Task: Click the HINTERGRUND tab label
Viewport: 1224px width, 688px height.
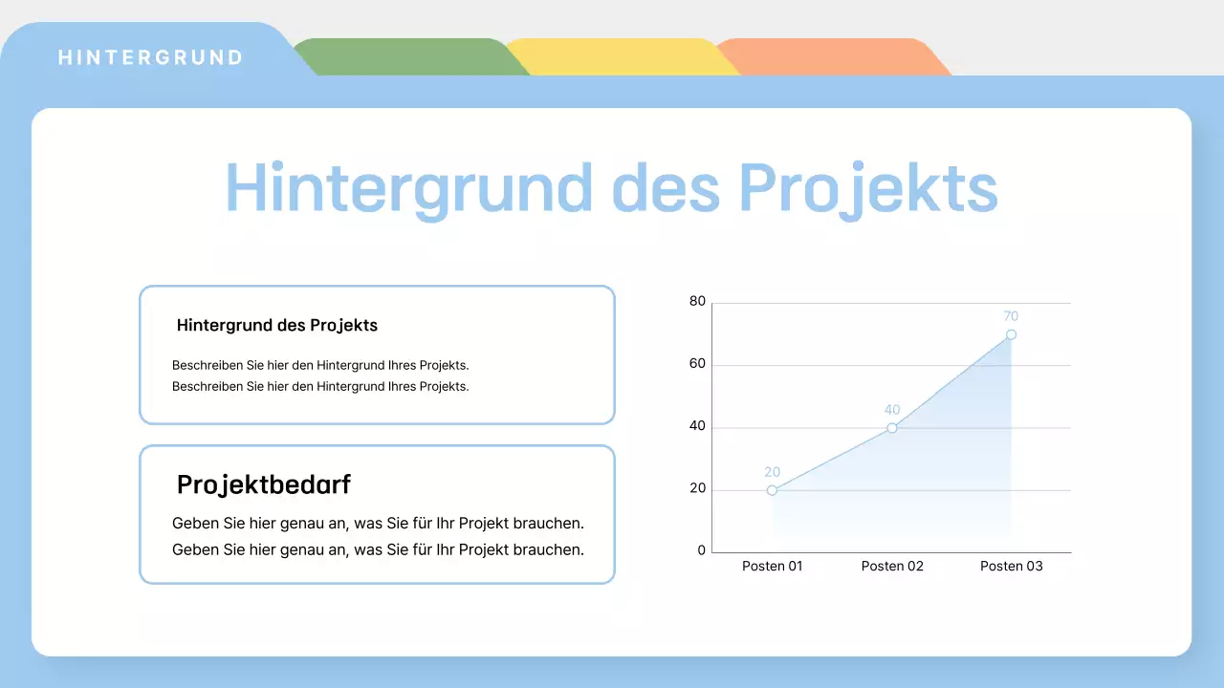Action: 151,57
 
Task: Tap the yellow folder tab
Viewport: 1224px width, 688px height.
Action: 622,57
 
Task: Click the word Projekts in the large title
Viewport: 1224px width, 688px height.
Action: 868,188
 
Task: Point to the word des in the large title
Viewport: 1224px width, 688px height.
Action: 666,188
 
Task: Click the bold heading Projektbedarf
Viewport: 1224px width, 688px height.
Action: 264,484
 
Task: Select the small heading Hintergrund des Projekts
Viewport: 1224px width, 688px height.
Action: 277,326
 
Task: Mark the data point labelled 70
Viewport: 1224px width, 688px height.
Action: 1011,334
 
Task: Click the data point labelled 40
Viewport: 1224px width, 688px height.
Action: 892,428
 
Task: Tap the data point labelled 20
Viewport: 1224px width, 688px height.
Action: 772,490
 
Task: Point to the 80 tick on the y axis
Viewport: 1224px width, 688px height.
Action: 697,302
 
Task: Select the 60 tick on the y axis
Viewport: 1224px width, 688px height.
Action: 697,364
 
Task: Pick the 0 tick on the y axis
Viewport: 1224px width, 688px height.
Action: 702,550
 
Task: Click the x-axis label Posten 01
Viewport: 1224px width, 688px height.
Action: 773,566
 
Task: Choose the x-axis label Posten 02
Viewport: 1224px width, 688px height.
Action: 892,566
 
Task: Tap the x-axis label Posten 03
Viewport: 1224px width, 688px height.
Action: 1011,566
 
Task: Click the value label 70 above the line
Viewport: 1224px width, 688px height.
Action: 1011,316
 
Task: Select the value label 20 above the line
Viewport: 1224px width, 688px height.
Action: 772,472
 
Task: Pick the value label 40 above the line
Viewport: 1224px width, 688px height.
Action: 892,410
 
